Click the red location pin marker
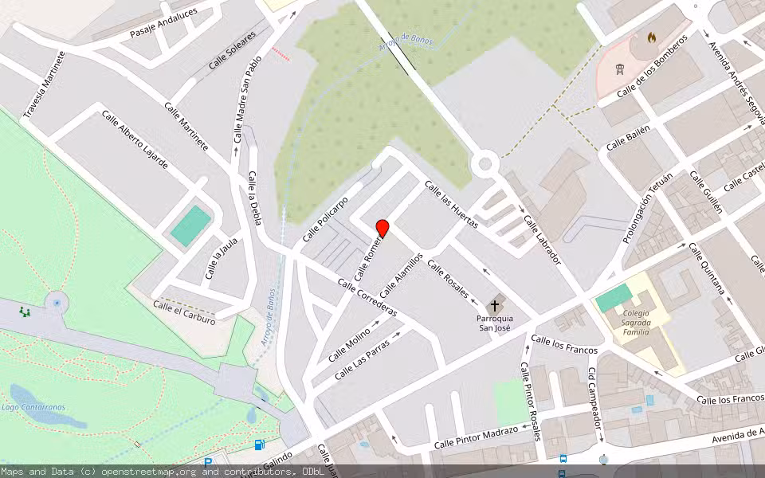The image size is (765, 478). [x=382, y=229]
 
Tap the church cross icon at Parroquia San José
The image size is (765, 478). [x=496, y=304]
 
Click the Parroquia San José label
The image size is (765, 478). [x=496, y=323]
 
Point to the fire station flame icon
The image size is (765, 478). [x=652, y=37]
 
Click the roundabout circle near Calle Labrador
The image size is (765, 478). [x=484, y=165]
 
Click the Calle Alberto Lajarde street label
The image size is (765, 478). [x=135, y=139]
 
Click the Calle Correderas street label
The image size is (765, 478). [x=367, y=297]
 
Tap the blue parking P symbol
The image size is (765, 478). [x=208, y=461]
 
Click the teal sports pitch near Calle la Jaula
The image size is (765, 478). [x=190, y=226]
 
